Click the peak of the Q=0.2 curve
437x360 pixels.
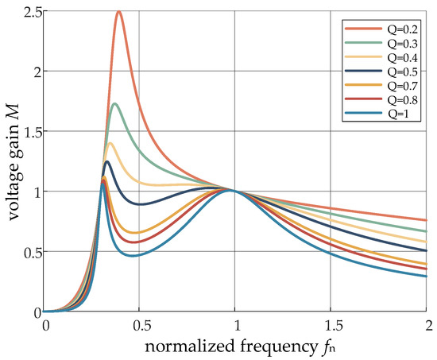[119, 11]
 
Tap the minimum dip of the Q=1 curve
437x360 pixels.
[133, 256]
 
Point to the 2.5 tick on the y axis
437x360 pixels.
[32, 11]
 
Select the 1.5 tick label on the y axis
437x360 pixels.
[32, 131]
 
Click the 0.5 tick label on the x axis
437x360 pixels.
[141, 326]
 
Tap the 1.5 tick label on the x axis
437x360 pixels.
[331, 326]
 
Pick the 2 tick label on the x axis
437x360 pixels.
[427, 326]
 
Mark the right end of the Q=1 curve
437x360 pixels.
[427, 276]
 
